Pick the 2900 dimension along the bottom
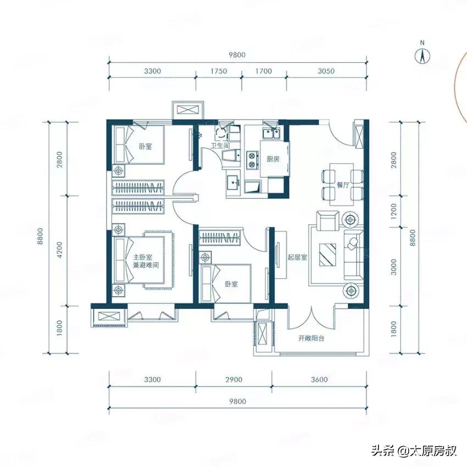[x=233, y=379]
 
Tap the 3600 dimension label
[x=318, y=379]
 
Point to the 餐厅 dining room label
[x=343, y=185]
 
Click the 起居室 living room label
[x=297, y=257]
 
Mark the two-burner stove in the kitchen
[x=253, y=159]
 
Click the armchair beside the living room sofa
[x=329, y=221]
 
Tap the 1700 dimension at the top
[x=264, y=71]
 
